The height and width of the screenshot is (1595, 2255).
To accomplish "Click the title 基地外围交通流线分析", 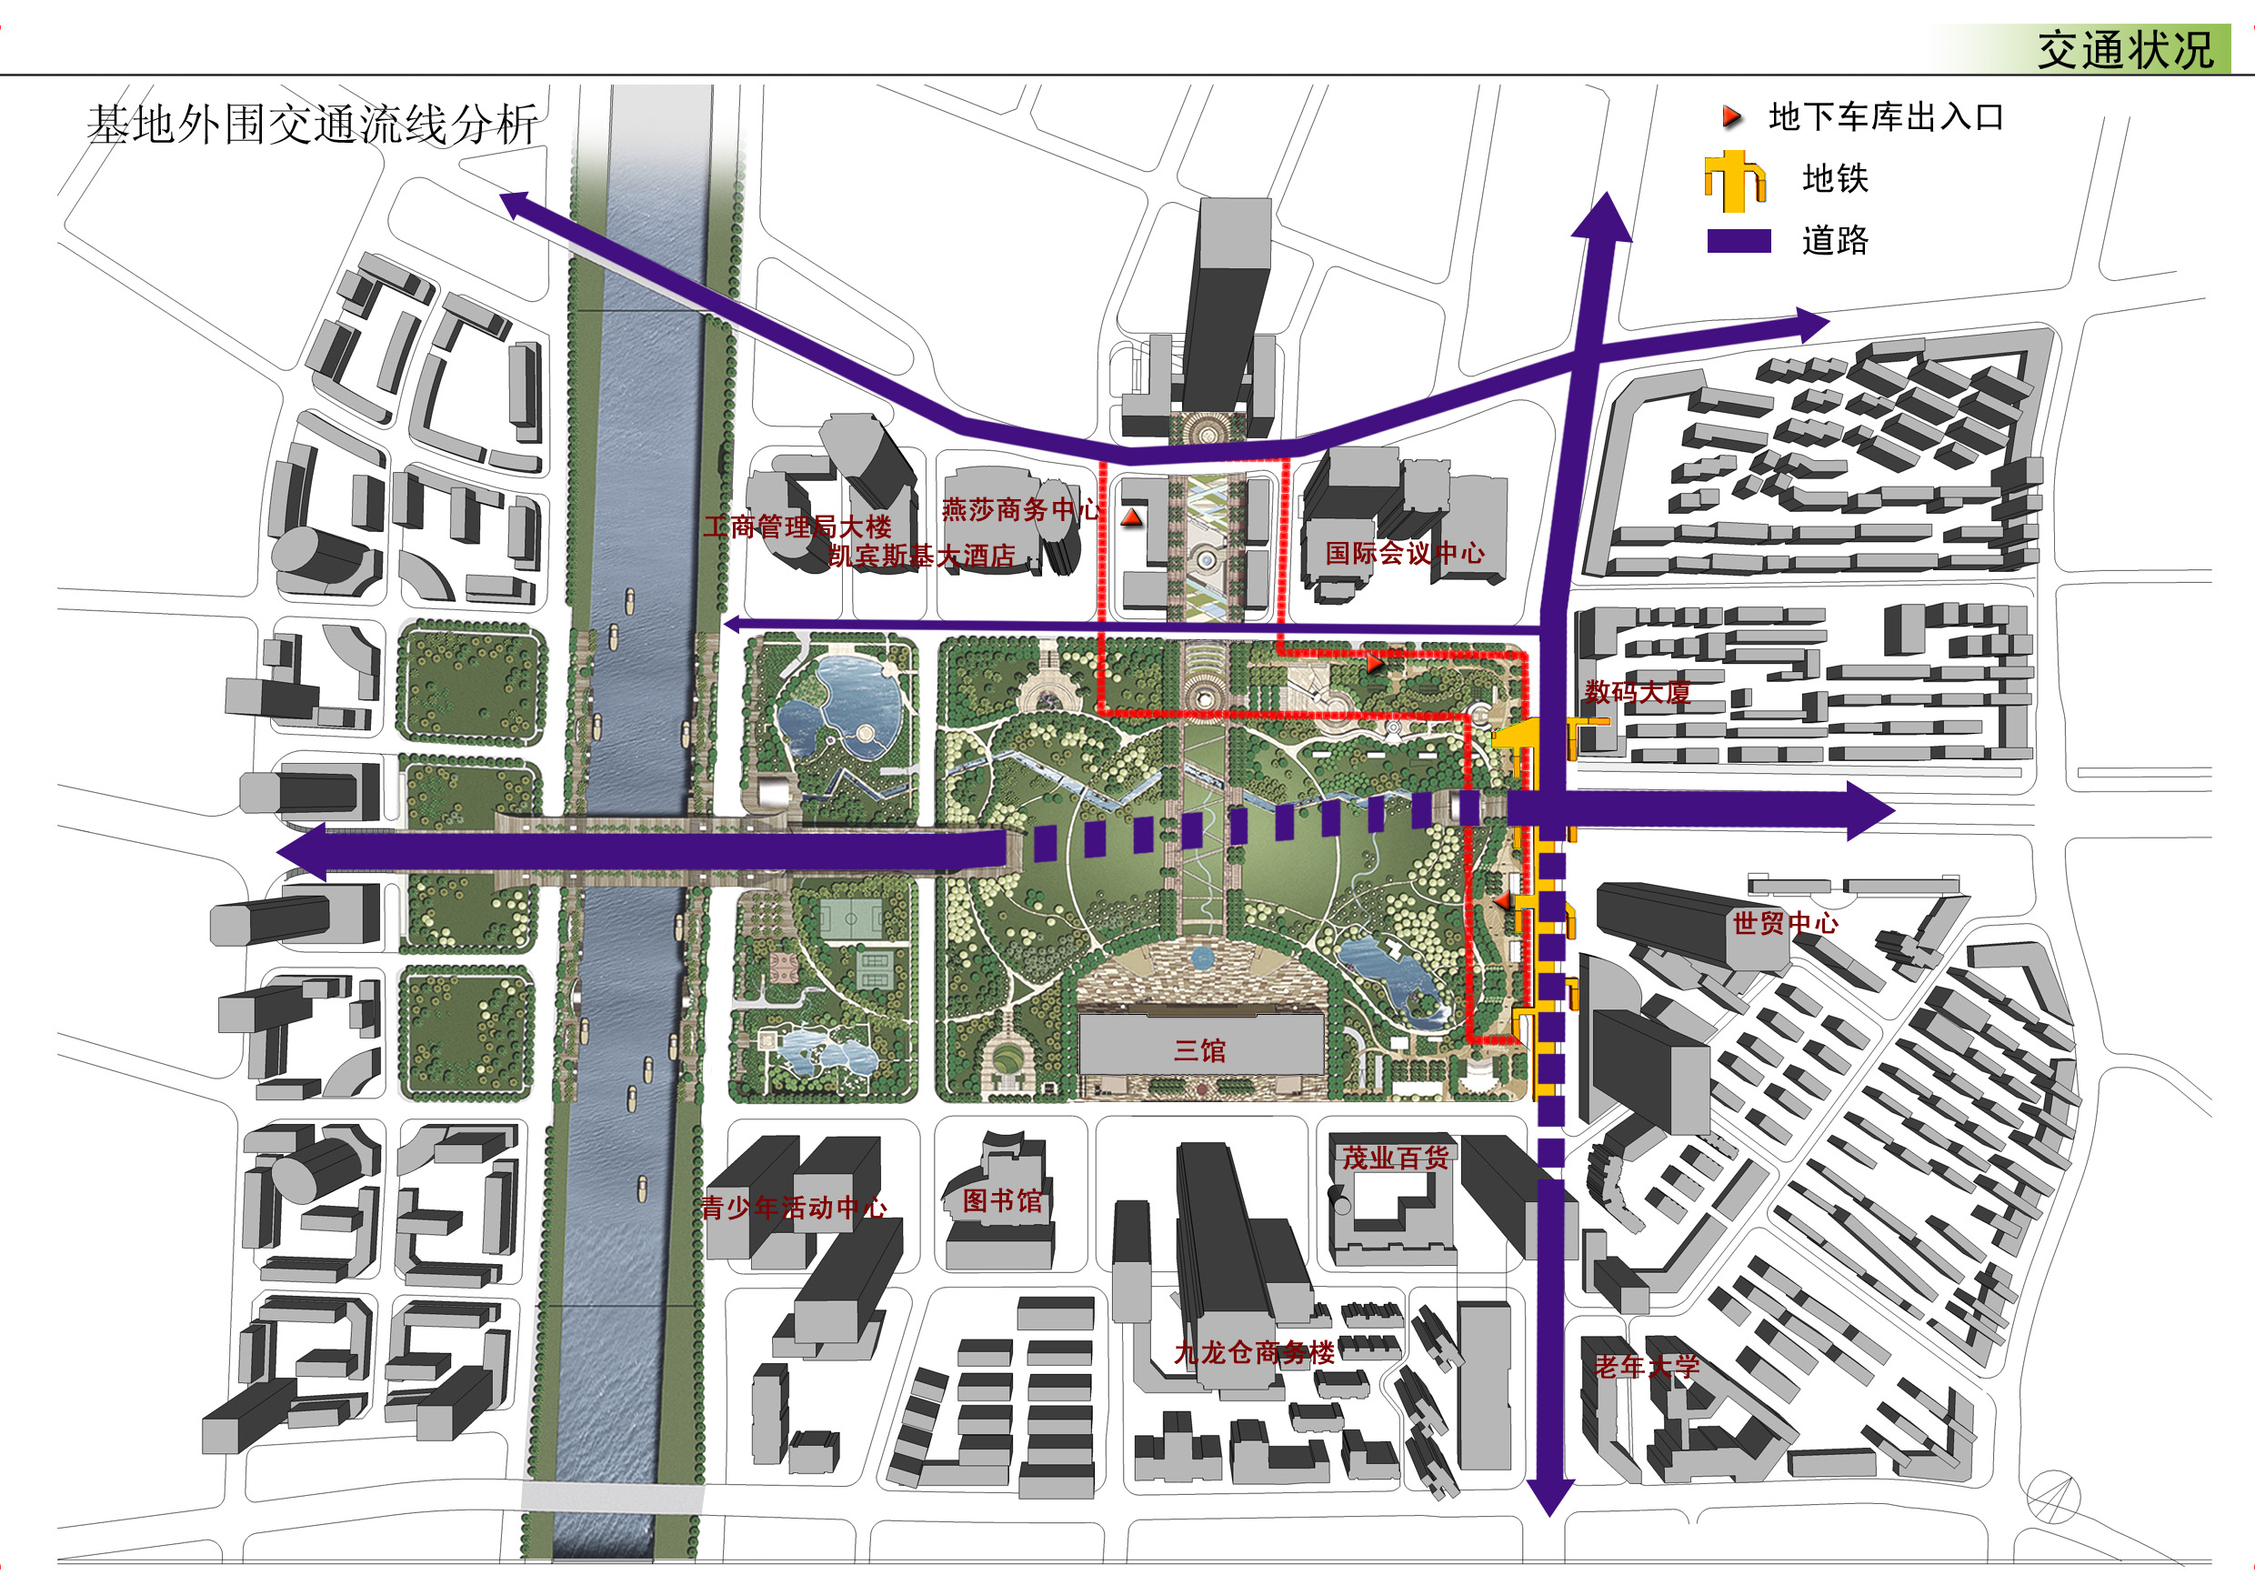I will pyautogui.click(x=312, y=125).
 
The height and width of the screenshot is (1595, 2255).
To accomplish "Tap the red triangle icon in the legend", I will pyautogui.click(x=1731, y=118).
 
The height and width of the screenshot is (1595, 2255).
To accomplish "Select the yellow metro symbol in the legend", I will pyautogui.click(x=1736, y=181).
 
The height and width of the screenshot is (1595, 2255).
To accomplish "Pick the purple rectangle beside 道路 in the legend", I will pyautogui.click(x=1739, y=241).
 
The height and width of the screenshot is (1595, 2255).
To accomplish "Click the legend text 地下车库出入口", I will pyautogui.click(x=1886, y=118).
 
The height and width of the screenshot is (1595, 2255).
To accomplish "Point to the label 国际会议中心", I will pyautogui.click(x=1405, y=553).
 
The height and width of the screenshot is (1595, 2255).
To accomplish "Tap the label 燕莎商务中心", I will pyautogui.click(x=1021, y=510).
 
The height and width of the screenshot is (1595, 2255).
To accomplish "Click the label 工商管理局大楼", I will pyautogui.click(x=797, y=527).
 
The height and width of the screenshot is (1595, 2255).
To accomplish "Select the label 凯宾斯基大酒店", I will pyautogui.click(x=921, y=556).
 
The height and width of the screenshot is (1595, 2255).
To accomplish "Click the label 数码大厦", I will pyautogui.click(x=1638, y=692).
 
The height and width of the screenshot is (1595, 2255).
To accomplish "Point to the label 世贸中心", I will pyautogui.click(x=1786, y=923).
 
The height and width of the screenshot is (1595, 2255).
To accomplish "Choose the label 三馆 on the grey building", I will pyautogui.click(x=1200, y=1051).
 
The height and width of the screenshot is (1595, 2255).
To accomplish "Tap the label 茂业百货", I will pyautogui.click(x=1396, y=1159).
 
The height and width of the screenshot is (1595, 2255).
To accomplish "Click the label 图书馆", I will pyautogui.click(x=1002, y=1201).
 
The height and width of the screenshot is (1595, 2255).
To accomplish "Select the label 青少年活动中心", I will pyautogui.click(x=794, y=1208).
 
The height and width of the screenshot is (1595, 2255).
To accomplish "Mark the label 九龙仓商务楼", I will pyautogui.click(x=1254, y=1353).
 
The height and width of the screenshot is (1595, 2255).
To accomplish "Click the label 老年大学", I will pyautogui.click(x=1646, y=1366).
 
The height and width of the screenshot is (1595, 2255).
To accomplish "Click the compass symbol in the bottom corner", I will pyautogui.click(x=2052, y=1499).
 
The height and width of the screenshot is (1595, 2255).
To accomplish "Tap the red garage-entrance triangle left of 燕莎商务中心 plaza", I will pyautogui.click(x=1132, y=517).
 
